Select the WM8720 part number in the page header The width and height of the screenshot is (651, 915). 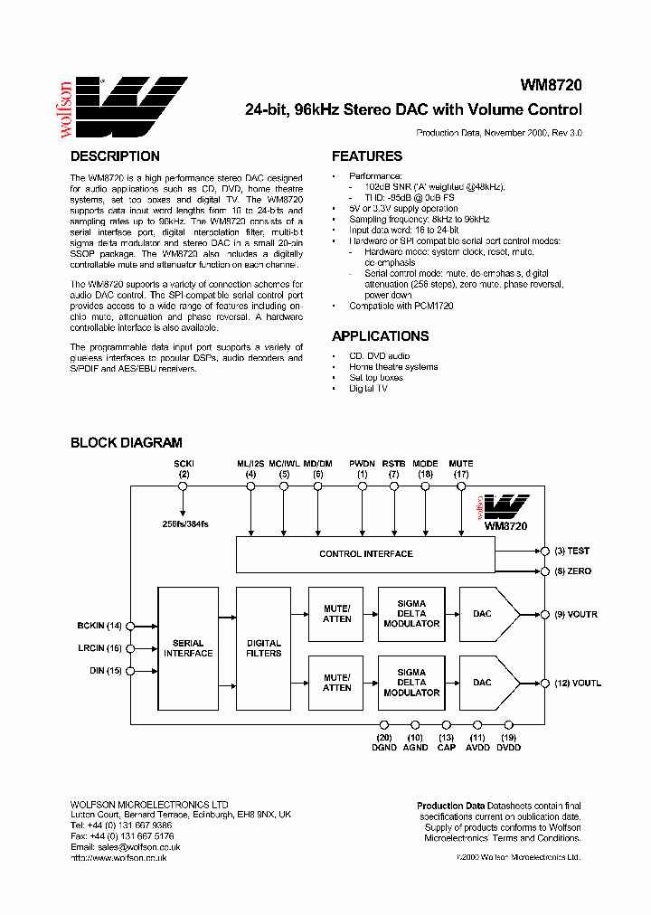tap(551, 86)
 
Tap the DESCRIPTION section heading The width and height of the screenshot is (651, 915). tap(115, 156)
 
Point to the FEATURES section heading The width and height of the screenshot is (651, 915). tap(366, 156)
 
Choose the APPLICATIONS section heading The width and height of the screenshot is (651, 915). tap(380, 336)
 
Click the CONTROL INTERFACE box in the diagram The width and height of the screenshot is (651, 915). tap(365, 554)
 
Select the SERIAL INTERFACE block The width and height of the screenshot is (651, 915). tap(188, 647)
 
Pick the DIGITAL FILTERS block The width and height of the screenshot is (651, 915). tap(264, 647)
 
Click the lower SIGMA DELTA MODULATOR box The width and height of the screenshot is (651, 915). tap(411, 683)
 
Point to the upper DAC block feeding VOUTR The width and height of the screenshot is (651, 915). tap(488, 614)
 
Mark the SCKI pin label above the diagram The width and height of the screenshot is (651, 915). tap(184, 464)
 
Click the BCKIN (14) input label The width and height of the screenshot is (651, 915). tap(99, 625)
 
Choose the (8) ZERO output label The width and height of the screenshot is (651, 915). tap(572, 571)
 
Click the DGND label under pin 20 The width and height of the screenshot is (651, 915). tap(383, 747)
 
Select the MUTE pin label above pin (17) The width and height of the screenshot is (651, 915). tap(461, 464)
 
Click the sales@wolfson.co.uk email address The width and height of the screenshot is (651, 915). tap(138, 847)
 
